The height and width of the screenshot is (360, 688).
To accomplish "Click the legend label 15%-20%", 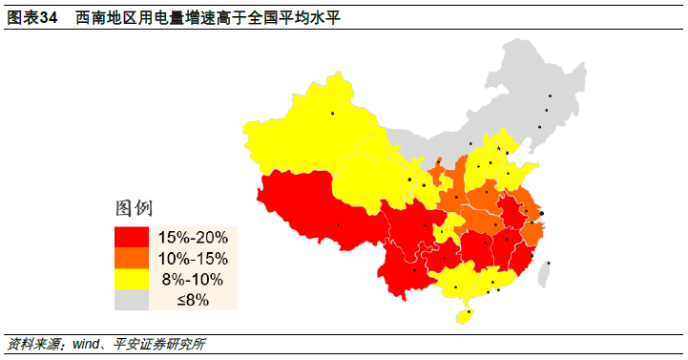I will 191,237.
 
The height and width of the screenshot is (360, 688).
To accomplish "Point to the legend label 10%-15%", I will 191,258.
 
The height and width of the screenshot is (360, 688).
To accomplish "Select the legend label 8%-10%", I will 191,280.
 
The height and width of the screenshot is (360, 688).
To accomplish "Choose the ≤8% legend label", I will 191,301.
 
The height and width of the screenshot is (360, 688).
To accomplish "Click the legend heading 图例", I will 134,208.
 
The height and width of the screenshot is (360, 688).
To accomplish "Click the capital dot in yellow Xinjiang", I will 333,115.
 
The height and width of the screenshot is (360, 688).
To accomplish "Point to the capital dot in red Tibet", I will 338,225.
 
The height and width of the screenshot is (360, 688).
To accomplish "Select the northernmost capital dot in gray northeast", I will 550,95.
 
